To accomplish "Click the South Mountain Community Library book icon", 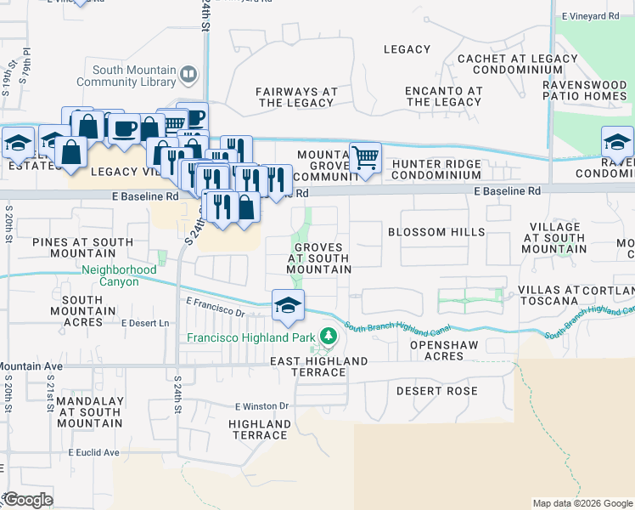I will pos(188,76).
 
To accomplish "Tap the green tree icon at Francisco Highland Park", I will pos(327,337).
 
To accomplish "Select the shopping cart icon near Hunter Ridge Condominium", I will pos(365,157).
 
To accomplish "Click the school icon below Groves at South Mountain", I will pos(288,305).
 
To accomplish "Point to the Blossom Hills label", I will pos(436,232).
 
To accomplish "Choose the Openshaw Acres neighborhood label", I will pos(436,351).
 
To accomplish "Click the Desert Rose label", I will pos(436,391).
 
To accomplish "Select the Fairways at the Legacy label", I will pos(296,97).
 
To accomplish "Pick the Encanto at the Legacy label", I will pos(442,97).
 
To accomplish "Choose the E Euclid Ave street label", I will pos(94,452).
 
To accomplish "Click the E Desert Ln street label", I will pos(145,323).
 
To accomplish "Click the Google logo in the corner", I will pos(27,500).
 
